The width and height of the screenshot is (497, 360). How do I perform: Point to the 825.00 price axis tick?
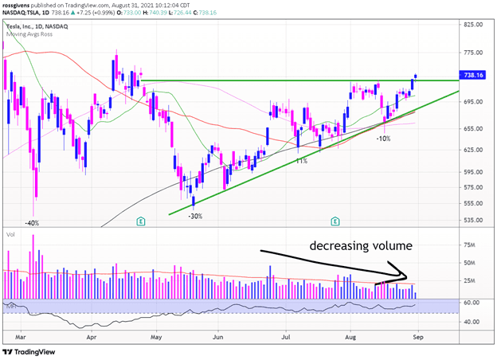pyautogui.click(x=475, y=25)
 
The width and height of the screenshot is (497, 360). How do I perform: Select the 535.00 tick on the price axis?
pyautogui.click(x=475, y=221)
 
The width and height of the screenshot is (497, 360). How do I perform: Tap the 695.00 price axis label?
pyautogui.click(x=475, y=102)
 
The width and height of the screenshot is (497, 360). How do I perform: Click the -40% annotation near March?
pyautogui.click(x=33, y=223)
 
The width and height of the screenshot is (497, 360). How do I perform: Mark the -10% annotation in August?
pyautogui.click(x=384, y=139)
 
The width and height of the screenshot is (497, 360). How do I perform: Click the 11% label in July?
pyautogui.click(x=301, y=161)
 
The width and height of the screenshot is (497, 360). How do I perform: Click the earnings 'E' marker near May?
pyautogui.click(x=141, y=221)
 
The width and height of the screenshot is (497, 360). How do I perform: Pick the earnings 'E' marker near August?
pyautogui.click(x=335, y=221)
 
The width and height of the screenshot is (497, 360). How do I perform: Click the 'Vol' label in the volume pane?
pyautogui.click(x=11, y=236)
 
